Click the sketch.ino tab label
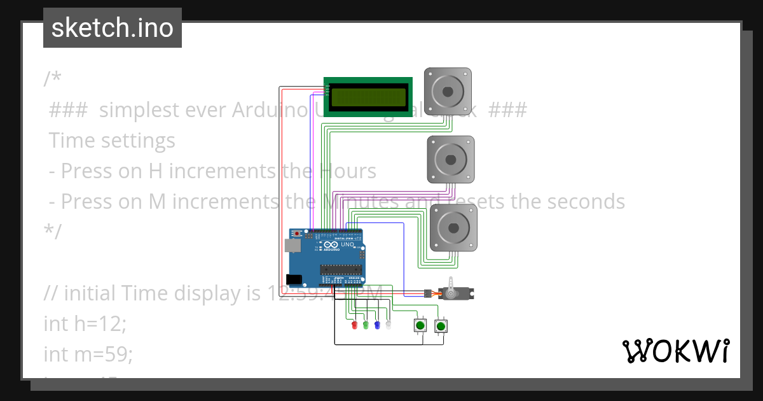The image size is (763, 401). tap(113, 28)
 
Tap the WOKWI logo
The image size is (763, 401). tap(675, 351)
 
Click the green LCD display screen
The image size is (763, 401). tap(368, 97)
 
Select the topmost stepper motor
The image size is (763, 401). tap(448, 92)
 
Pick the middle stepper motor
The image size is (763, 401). tap(450, 159)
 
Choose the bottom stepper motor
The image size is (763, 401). tap(453, 227)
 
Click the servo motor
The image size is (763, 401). tap(455, 293)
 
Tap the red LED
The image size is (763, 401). tap(355, 325)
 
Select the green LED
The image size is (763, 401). tap(366, 325)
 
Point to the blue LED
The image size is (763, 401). tap(377, 325)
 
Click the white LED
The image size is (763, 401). tap(388, 325)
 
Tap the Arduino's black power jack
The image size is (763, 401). tap(294, 279)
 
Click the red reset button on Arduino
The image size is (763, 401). tap(297, 234)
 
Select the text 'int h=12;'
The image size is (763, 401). tap(85, 323)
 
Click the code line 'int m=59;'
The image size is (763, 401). tap(88, 354)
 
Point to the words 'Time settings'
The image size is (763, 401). tap(112, 141)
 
